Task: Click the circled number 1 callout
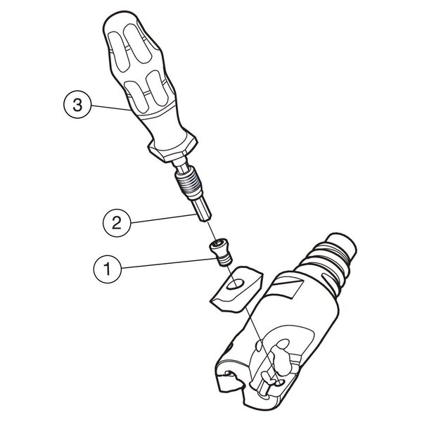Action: pos(108,269)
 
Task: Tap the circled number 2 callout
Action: pos(117,223)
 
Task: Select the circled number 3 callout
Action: pos(77,105)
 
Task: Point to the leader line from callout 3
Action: pos(111,108)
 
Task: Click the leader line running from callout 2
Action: pos(163,218)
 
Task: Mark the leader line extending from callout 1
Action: pos(169,263)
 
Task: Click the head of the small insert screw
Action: pos(218,245)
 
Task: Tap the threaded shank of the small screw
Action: pos(224,260)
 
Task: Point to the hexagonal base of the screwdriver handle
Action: pos(173,148)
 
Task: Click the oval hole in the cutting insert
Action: pos(235,284)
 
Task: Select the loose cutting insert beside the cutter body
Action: pos(236,290)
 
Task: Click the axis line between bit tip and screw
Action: pos(212,231)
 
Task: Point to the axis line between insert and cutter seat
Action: pos(262,345)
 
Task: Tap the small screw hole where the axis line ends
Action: pos(279,383)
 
